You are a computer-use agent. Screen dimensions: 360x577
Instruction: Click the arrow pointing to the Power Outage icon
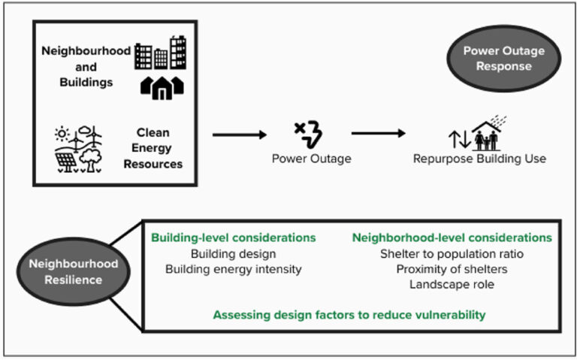point(239,135)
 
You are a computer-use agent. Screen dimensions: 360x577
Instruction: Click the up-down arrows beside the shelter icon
point(458,139)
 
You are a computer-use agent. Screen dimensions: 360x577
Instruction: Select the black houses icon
point(162,86)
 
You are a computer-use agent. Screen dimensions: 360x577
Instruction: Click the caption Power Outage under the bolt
point(307,159)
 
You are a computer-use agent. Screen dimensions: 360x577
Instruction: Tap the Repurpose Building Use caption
point(479,159)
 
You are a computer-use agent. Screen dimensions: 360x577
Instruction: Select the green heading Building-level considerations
point(234,238)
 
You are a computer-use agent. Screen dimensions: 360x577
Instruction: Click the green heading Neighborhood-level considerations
point(452,238)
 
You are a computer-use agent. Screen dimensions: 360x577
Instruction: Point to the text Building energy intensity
point(234,268)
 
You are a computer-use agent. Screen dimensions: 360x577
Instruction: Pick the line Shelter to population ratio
point(452,254)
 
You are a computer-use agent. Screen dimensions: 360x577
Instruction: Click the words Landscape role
point(452,284)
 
